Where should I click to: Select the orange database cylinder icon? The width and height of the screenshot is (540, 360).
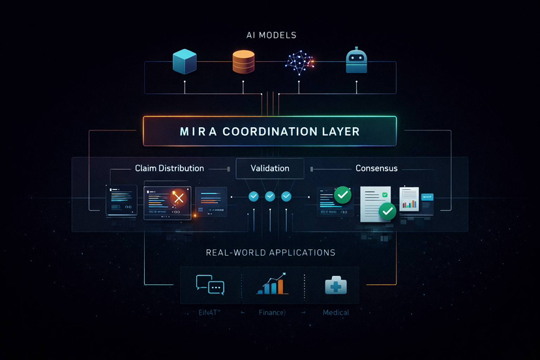coord(243,61)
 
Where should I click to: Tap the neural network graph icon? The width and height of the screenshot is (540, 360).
coord(299,61)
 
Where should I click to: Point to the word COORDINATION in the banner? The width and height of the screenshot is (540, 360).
coord(269,132)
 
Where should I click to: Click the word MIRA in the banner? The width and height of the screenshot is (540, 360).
coord(196,132)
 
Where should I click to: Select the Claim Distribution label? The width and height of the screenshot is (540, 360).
coord(170,168)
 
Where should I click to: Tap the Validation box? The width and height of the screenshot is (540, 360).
coord(270,168)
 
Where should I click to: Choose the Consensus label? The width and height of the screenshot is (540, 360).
coord(376,168)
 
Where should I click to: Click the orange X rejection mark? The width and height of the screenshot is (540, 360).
coord(177,198)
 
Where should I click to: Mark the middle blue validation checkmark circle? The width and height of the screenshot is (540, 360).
coord(270,196)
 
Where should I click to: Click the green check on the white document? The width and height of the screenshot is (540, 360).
coord(387,211)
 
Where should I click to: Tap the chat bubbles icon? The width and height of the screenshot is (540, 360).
coord(210,284)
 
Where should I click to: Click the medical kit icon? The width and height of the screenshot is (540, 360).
coord(336,285)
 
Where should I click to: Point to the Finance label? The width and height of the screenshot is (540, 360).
coord(272,312)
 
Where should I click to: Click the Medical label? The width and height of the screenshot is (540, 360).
coord(336,312)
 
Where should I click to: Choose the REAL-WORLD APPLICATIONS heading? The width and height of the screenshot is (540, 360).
coord(270,252)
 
